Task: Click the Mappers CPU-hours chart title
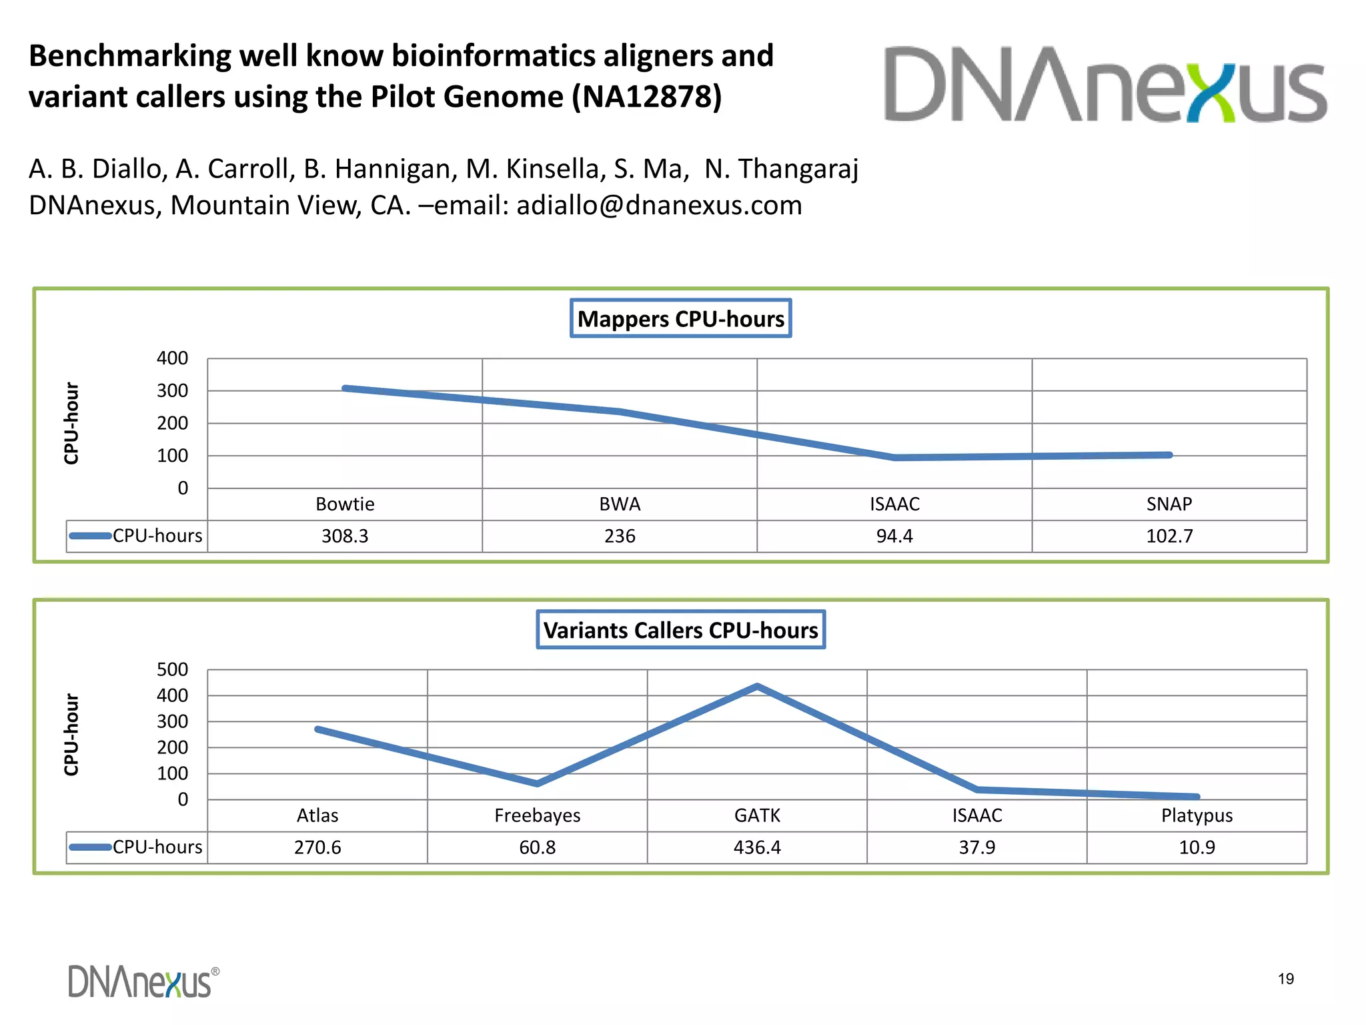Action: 680,318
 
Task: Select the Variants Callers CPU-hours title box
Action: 680,630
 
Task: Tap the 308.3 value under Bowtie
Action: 345,536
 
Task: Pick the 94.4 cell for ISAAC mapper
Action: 894,536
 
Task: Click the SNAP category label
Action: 1169,504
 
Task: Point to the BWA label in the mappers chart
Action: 620,504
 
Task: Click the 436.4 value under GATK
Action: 757,847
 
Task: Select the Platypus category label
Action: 1197,815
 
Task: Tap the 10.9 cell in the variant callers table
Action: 1197,847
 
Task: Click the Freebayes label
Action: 537,815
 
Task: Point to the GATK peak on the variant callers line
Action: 757,686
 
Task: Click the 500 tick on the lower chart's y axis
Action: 173,669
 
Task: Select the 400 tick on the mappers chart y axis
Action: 173,358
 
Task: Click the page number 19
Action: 1285,979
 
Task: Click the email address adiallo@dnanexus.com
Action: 659,206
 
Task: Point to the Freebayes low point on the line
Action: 537,783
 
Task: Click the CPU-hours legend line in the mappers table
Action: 90,535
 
